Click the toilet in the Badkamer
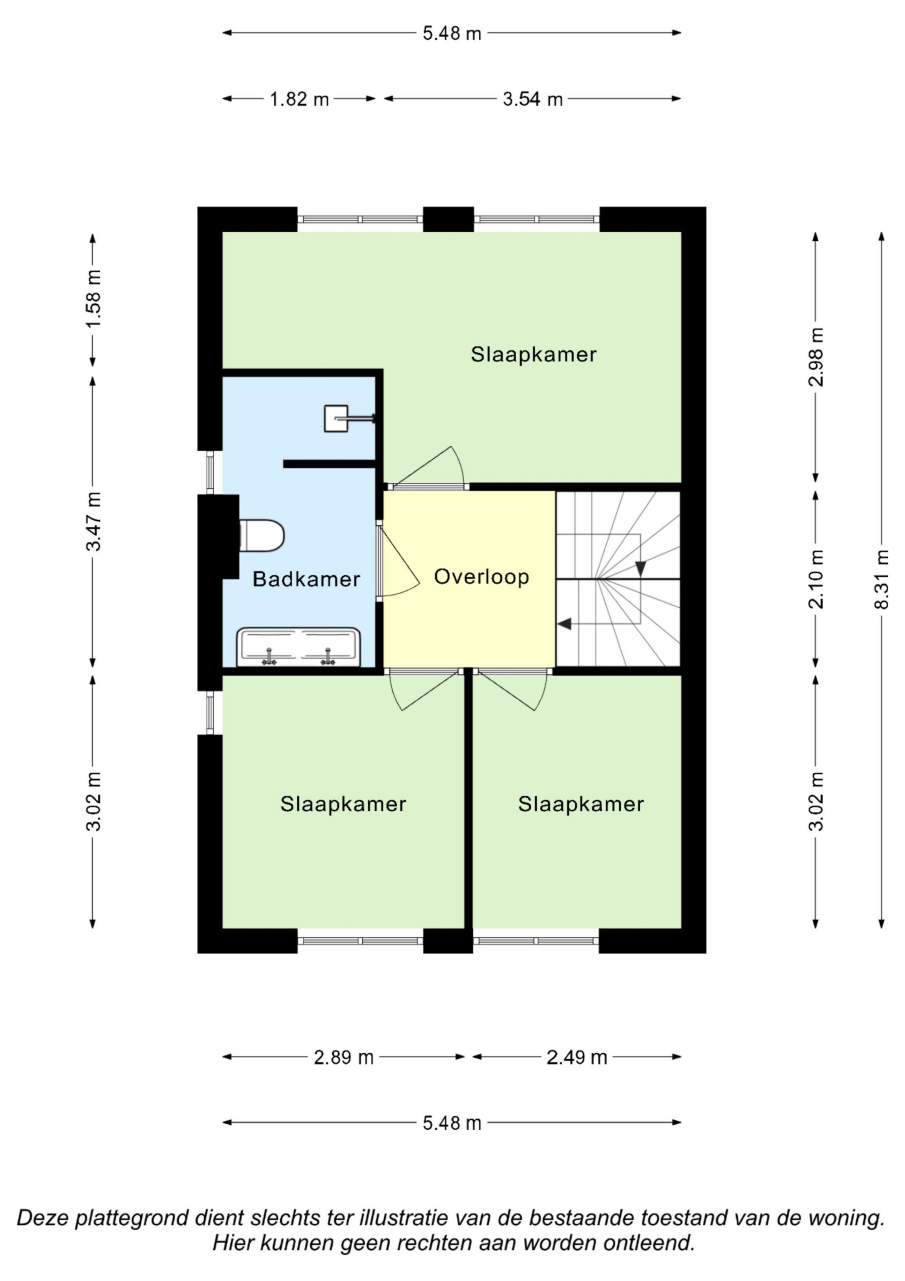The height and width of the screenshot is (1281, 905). click(x=262, y=536)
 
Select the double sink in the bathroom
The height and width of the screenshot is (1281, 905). click(x=298, y=647)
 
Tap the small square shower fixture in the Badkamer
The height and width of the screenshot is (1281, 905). click(x=336, y=418)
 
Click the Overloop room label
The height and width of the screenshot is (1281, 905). click(x=481, y=577)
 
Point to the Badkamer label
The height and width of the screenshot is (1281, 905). click(x=306, y=579)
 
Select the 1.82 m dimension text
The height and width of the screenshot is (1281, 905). click(x=300, y=99)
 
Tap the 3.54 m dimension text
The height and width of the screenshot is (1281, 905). click(x=533, y=99)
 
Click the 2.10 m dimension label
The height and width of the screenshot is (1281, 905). click(x=816, y=579)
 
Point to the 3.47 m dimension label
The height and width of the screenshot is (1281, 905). click(x=93, y=521)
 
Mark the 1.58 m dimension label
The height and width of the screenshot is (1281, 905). click(x=93, y=299)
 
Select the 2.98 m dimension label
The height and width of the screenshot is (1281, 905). click(x=816, y=357)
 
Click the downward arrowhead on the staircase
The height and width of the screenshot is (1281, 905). click(x=640, y=568)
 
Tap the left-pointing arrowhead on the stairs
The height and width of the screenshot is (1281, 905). click(x=564, y=624)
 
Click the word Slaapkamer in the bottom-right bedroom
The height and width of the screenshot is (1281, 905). click(x=581, y=804)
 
